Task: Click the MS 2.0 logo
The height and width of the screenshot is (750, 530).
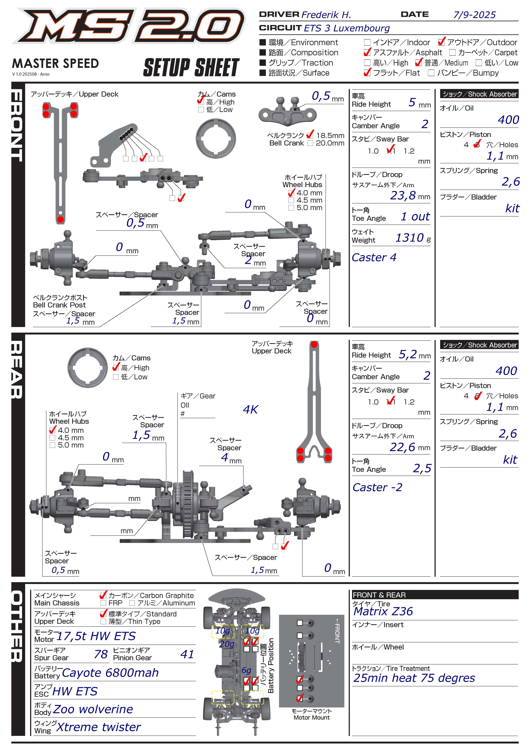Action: (128, 26)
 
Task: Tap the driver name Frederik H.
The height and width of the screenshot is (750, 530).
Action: (326, 15)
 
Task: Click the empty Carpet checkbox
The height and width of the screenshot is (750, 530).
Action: (452, 53)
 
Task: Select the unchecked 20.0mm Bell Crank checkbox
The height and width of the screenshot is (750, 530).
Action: (310, 143)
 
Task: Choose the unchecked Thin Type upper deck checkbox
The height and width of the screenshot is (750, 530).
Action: (103, 621)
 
